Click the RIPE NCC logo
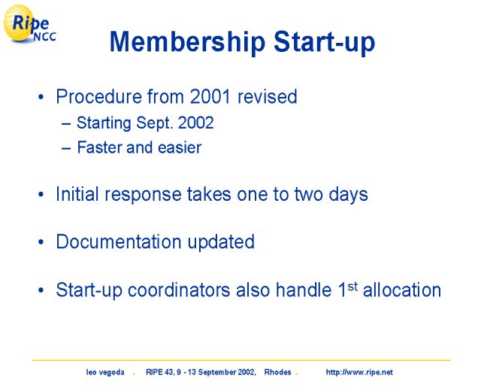[29, 23]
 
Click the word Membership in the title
[187, 42]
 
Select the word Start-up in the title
[324, 42]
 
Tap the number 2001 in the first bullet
[210, 96]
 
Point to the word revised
[268, 96]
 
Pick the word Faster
[99, 147]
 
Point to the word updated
[221, 243]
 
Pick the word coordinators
[179, 290]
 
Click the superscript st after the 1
[352, 286]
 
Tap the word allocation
[402, 290]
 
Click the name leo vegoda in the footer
[105, 372]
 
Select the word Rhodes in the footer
[277, 372]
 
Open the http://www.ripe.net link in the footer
[359, 372]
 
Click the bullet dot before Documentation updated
[41, 242]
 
